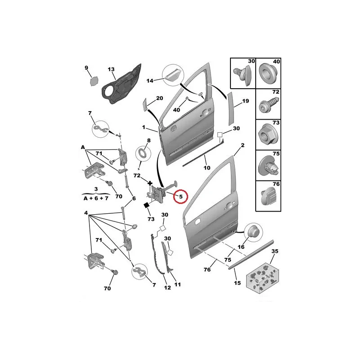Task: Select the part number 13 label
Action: [111, 69]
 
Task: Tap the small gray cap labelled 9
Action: [94, 81]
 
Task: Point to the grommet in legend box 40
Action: [268, 73]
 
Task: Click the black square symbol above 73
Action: [146, 205]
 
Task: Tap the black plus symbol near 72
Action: [150, 183]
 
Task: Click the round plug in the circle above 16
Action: [253, 232]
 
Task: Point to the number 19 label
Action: [245, 101]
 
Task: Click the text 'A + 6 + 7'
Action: [96, 198]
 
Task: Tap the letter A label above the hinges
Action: [83, 147]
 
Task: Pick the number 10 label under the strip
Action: [207, 168]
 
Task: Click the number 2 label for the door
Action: [243, 145]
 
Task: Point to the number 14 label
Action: [150, 81]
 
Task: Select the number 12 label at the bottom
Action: [167, 288]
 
